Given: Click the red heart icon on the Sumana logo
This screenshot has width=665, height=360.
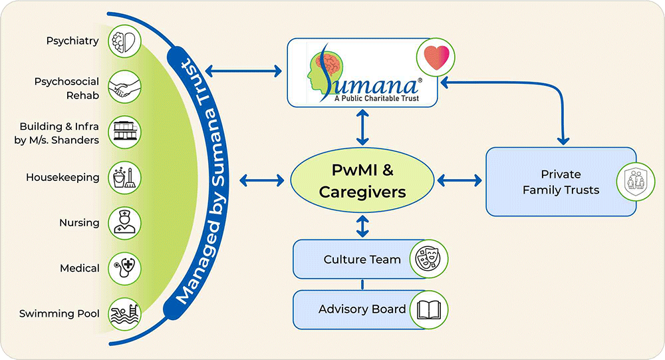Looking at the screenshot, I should coord(436,56).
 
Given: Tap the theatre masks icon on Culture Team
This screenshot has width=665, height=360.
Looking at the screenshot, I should coord(428,259).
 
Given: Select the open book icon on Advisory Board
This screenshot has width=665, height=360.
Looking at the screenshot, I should coord(428,309).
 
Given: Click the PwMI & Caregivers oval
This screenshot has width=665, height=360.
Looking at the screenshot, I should coord(362,182).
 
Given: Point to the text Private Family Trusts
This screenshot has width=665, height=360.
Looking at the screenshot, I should coord(561,182).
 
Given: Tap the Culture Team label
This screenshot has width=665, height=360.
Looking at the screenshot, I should coord(362,259).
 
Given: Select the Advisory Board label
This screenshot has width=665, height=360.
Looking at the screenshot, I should coord(362,309).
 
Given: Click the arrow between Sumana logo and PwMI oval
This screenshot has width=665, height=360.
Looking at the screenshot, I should coord(362,129).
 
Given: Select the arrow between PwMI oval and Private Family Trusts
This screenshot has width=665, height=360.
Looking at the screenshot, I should coord(460,180).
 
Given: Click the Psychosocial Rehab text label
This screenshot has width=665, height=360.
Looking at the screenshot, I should coord(66,88).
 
